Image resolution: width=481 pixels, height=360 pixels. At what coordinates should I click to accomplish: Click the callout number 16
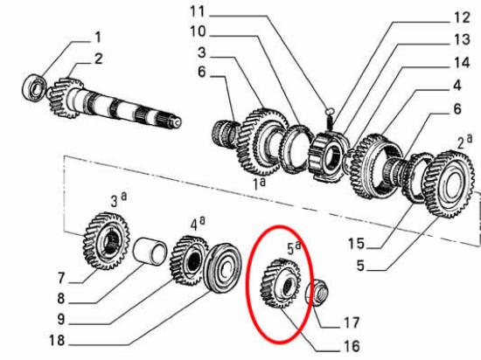pyautogui.click(x=352, y=345)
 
